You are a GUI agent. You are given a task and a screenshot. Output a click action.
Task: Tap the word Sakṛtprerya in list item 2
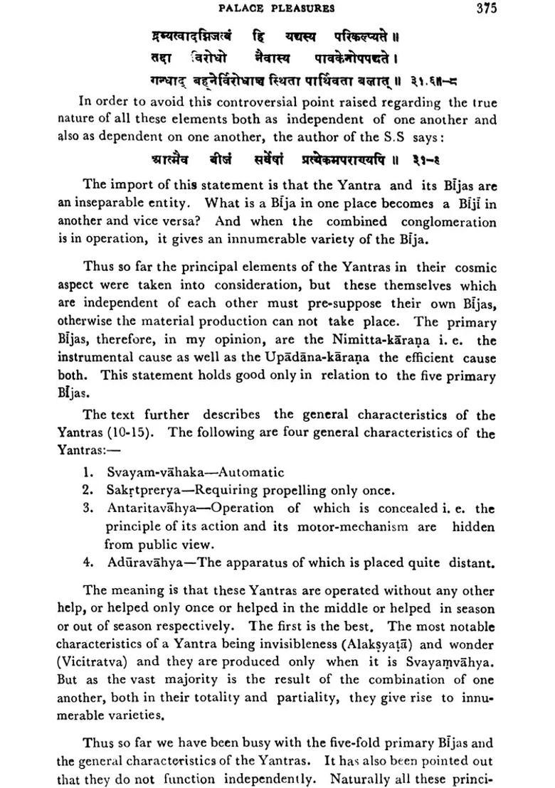click(139, 490)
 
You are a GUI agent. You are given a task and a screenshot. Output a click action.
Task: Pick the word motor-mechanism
click(342, 527)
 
